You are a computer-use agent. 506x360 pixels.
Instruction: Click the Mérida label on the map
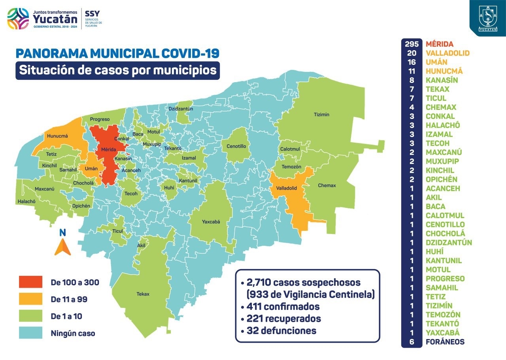click(108, 150)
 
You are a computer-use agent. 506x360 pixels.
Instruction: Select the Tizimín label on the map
click(321, 115)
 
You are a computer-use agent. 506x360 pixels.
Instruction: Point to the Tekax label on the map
click(143, 294)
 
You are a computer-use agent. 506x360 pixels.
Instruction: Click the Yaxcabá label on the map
click(211, 222)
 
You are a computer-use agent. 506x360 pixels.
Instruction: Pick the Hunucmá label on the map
click(58, 136)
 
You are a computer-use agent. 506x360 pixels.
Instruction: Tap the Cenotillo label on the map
click(236, 146)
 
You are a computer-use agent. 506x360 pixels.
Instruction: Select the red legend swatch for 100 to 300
click(30, 282)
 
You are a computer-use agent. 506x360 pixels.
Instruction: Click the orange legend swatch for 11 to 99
click(30, 299)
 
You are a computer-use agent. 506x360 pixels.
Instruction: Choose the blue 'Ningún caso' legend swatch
click(30, 333)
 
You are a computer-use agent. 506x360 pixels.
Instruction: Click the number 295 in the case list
click(412, 44)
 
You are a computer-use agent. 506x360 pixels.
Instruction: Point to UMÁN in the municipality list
click(436, 62)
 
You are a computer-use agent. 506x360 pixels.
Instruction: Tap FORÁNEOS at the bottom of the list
click(445, 342)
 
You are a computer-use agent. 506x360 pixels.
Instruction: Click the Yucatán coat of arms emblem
click(487, 17)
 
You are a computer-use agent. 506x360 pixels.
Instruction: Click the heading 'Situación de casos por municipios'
click(118, 70)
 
